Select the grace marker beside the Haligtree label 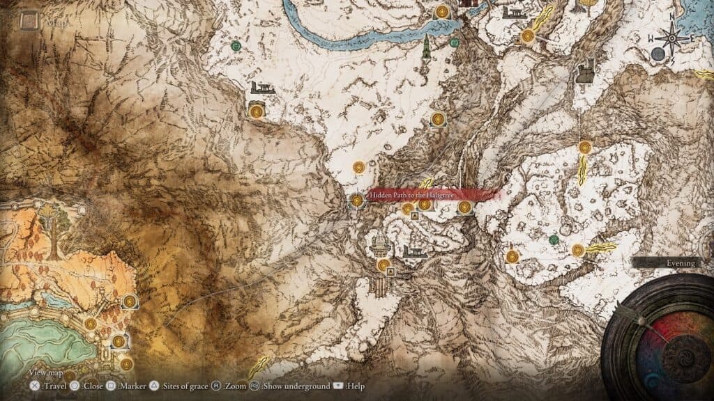click(357, 200)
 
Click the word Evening click(680, 263)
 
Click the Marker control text click(132, 386)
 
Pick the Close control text click(92, 386)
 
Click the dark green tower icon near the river click(425, 47)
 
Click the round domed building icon click(381, 244)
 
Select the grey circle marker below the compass click(658, 54)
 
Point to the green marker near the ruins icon click(236, 46)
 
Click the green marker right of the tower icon click(454, 42)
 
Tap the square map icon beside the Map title click(29, 22)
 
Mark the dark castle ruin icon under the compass click(585, 71)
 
